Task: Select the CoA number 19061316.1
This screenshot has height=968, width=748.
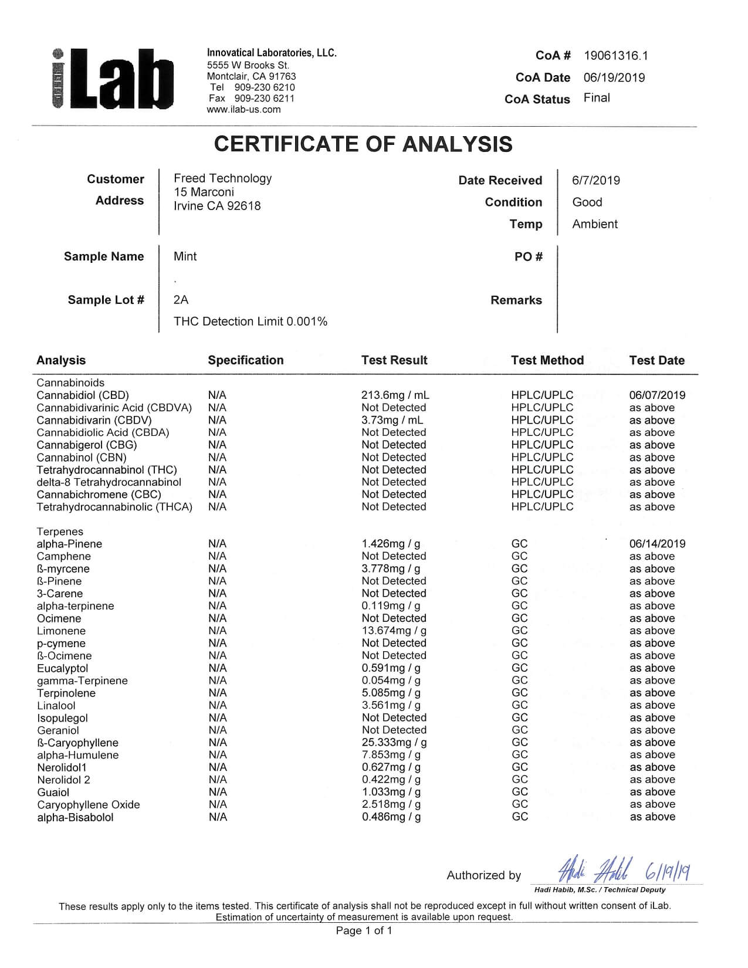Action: pos(615,56)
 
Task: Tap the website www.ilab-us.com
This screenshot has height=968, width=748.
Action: pos(243,109)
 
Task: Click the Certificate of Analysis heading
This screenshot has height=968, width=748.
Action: pos(363,144)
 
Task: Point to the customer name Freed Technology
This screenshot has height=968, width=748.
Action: pos(222,178)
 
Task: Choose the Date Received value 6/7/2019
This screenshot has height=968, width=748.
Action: pos(595,181)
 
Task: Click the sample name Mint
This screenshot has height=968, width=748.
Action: pos(185,256)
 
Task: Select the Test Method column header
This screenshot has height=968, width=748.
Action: pos(547,360)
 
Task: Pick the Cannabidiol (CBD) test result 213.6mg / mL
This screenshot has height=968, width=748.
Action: pos(395,395)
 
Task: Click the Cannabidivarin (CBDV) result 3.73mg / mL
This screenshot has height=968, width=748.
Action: pos(392,420)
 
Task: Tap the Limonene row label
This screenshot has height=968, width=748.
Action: pos(61,631)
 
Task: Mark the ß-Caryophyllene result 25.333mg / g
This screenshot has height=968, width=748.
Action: pos(394,743)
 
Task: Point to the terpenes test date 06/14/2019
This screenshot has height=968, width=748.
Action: pos(657,544)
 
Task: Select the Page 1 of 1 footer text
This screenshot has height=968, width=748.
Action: pos(364,930)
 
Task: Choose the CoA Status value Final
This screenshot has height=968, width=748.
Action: pos(597,98)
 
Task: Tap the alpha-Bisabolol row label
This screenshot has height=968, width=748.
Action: pos(75,817)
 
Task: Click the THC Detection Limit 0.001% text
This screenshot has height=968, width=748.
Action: pos(251,321)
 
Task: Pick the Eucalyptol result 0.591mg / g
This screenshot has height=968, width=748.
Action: pos(391,668)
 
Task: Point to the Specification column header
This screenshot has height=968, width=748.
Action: pos(245,360)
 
